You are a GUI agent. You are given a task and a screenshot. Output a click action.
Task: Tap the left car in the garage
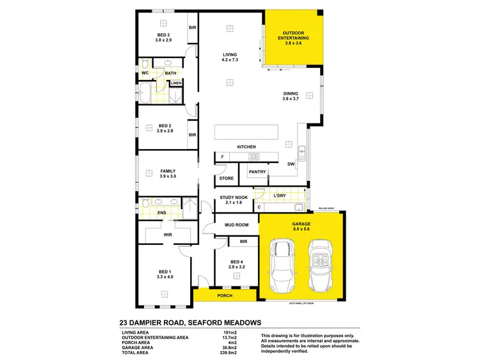282,263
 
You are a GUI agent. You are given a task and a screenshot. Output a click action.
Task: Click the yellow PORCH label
224,296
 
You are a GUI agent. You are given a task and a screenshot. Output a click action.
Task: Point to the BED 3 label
163,37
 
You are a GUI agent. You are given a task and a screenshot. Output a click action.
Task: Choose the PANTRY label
257,171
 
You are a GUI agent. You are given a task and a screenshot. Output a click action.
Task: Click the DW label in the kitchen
291,164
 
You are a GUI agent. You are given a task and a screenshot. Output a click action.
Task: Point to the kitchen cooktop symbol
253,157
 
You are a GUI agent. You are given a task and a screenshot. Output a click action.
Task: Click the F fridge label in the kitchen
222,157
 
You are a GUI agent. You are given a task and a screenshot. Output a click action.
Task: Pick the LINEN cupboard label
176,83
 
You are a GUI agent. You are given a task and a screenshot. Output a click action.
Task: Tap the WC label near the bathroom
145,74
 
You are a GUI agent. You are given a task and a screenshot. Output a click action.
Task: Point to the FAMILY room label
168,172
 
